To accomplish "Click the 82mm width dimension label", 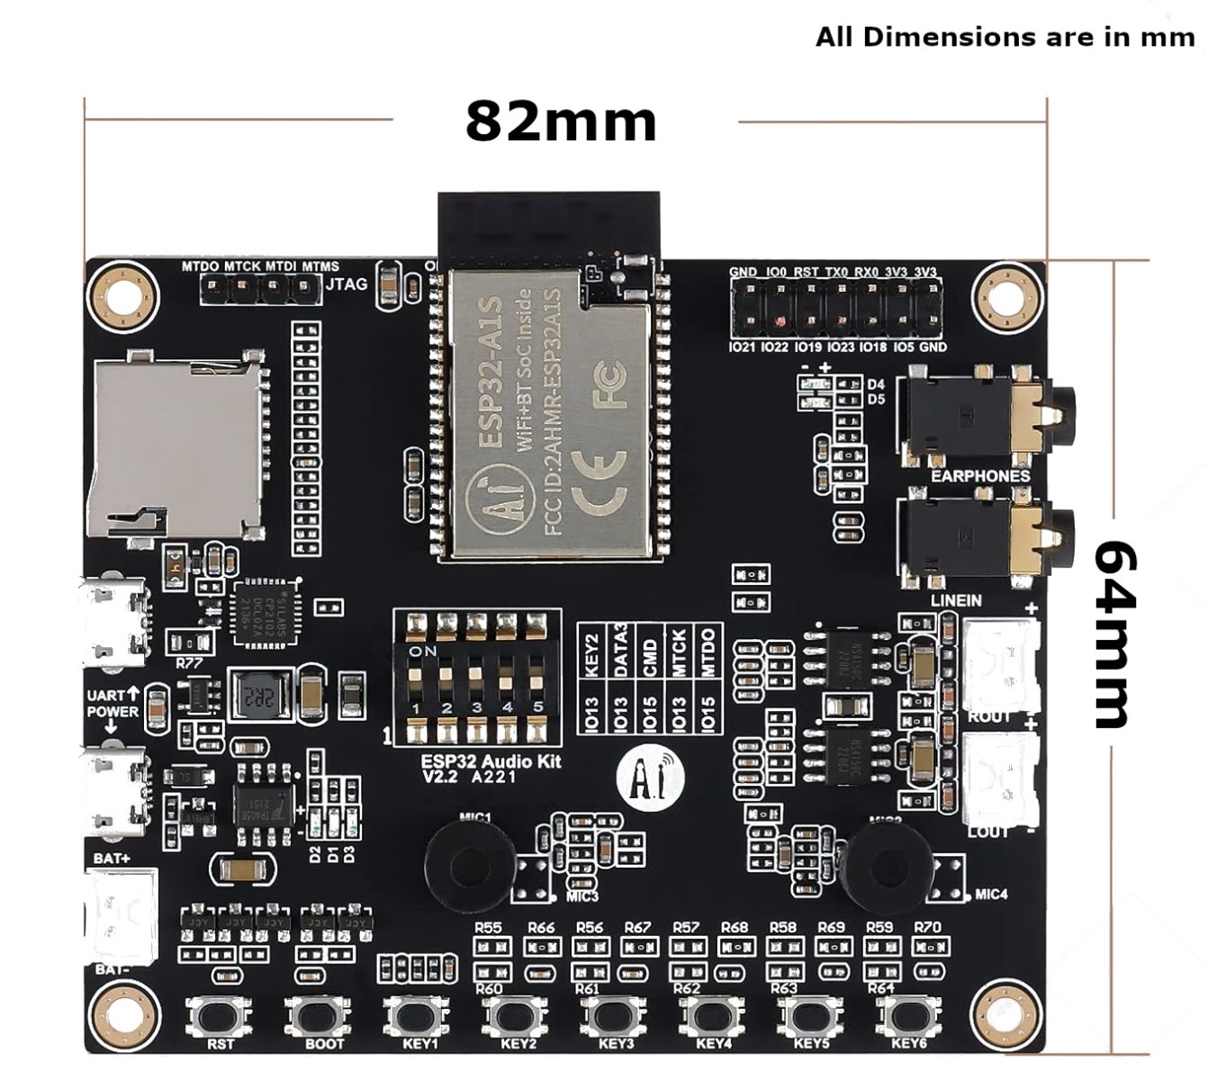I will (x=561, y=121).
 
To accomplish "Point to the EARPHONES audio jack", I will (x=986, y=418).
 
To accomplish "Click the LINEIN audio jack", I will (x=986, y=540).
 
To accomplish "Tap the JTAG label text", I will (x=347, y=284).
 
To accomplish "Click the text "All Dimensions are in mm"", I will (x=1005, y=38).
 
